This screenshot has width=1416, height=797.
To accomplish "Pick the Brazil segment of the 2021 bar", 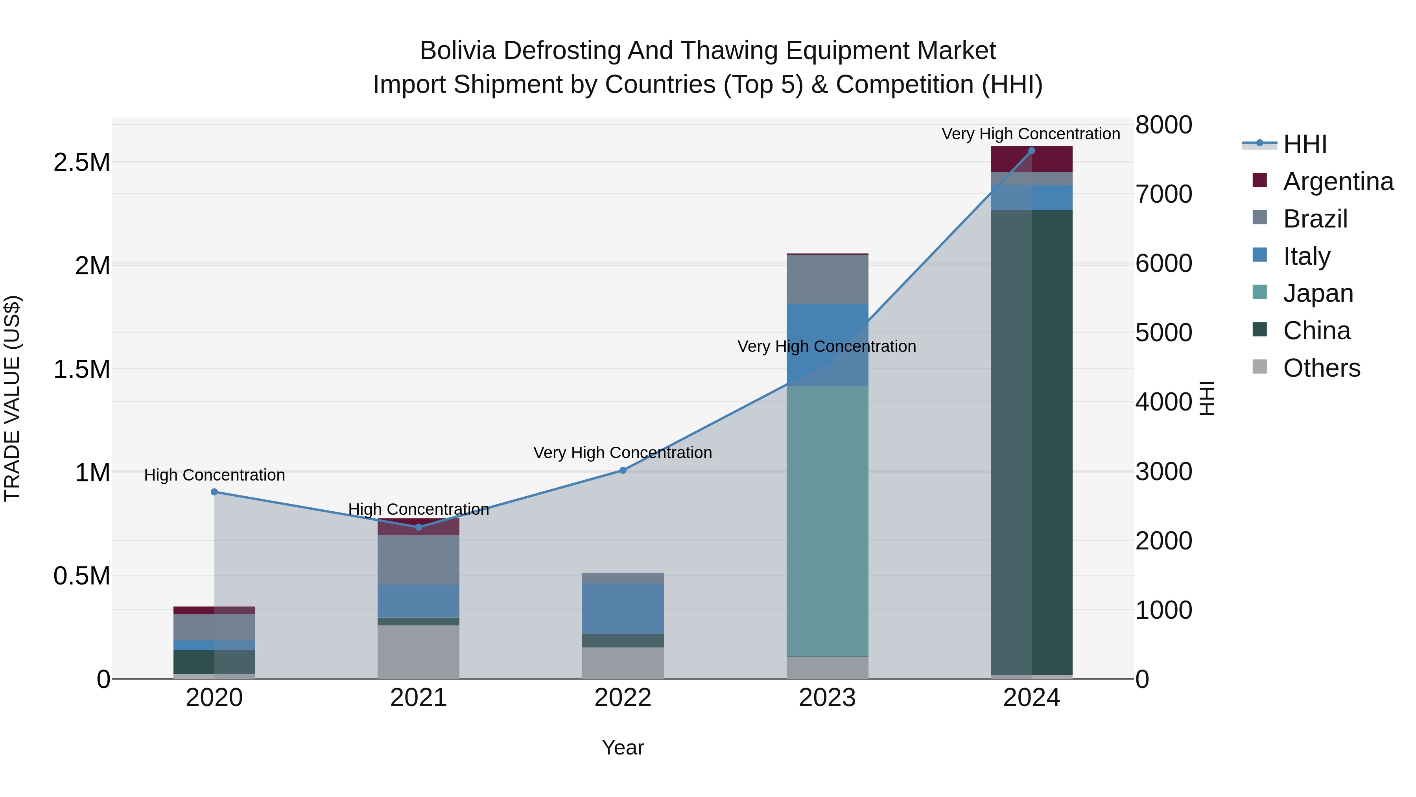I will pos(419,560).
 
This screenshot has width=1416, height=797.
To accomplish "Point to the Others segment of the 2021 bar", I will pos(419,651).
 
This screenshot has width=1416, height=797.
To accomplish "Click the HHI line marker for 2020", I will pos(214,492).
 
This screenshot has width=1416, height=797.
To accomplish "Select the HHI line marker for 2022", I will pos(623,470).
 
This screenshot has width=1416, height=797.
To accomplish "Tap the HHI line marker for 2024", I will pos(1031,151).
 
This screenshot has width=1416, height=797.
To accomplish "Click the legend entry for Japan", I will pos(1318,293).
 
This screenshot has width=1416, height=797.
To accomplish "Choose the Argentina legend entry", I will pos(1337,181).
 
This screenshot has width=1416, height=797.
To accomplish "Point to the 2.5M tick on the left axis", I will pos(81,163).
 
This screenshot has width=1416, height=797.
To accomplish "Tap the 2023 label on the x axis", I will pos(827,698).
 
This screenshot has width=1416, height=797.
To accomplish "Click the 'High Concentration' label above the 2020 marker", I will pos(214,475).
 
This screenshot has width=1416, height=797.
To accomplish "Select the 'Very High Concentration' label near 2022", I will pos(622,453).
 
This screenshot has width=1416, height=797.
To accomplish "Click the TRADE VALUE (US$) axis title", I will pos(12,398).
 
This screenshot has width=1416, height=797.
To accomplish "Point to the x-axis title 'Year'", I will pos(622,747).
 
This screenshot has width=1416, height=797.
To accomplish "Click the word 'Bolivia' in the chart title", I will pos(457,51).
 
